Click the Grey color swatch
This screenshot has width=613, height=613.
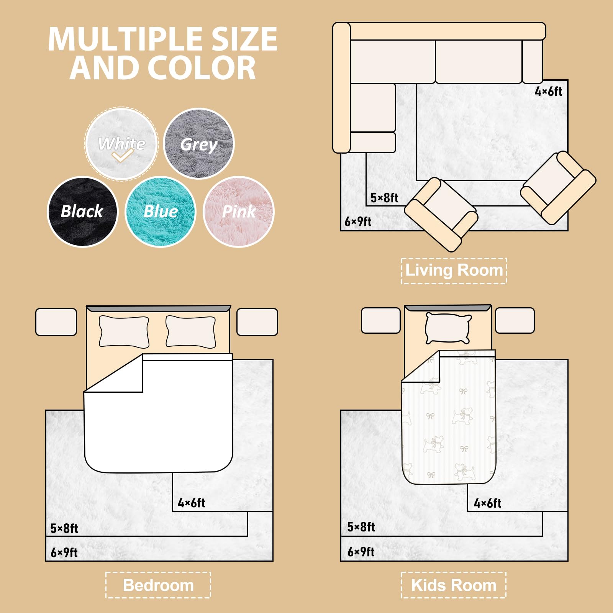pyautogui.click(x=198, y=143)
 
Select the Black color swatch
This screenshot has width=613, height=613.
pyautogui.click(x=82, y=211)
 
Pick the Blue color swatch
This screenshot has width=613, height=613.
pyautogui.click(x=161, y=211)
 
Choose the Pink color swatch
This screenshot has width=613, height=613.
pyautogui.click(x=239, y=211)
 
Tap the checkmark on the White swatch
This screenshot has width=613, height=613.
pyautogui.click(x=122, y=156)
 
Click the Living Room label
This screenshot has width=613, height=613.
pyautogui.click(x=454, y=270)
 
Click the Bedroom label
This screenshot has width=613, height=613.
pyautogui.click(x=158, y=585)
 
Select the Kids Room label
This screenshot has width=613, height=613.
pyautogui.click(x=454, y=585)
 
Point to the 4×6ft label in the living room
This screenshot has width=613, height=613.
pyautogui.click(x=549, y=92)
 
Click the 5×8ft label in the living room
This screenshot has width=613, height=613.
pyautogui.click(x=384, y=198)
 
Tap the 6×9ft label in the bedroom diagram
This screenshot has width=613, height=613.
pyautogui.click(x=64, y=552)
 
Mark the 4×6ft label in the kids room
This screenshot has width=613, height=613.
pyautogui.click(x=488, y=503)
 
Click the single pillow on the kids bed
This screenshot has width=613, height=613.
pyautogui.click(x=448, y=328)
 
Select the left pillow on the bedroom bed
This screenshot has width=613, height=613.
pyautogui.click(x=124, y=332)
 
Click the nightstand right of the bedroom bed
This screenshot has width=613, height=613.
pyautogui.click(x=257, y=322)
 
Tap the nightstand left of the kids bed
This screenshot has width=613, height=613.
pyautogui.click(x=381, y=320)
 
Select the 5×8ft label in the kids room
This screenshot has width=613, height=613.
pyautogui.click(x=361, y=527)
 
